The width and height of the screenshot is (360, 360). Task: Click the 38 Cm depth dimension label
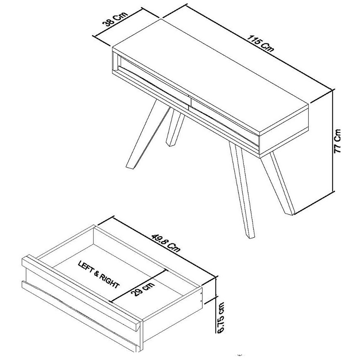(115, 20)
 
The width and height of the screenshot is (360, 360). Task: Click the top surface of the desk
(211, 76)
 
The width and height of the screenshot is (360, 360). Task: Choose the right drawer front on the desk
(224, 125)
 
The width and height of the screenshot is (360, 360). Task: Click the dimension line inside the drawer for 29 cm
(139, 286)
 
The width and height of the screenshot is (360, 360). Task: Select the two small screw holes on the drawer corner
(201, 297)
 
